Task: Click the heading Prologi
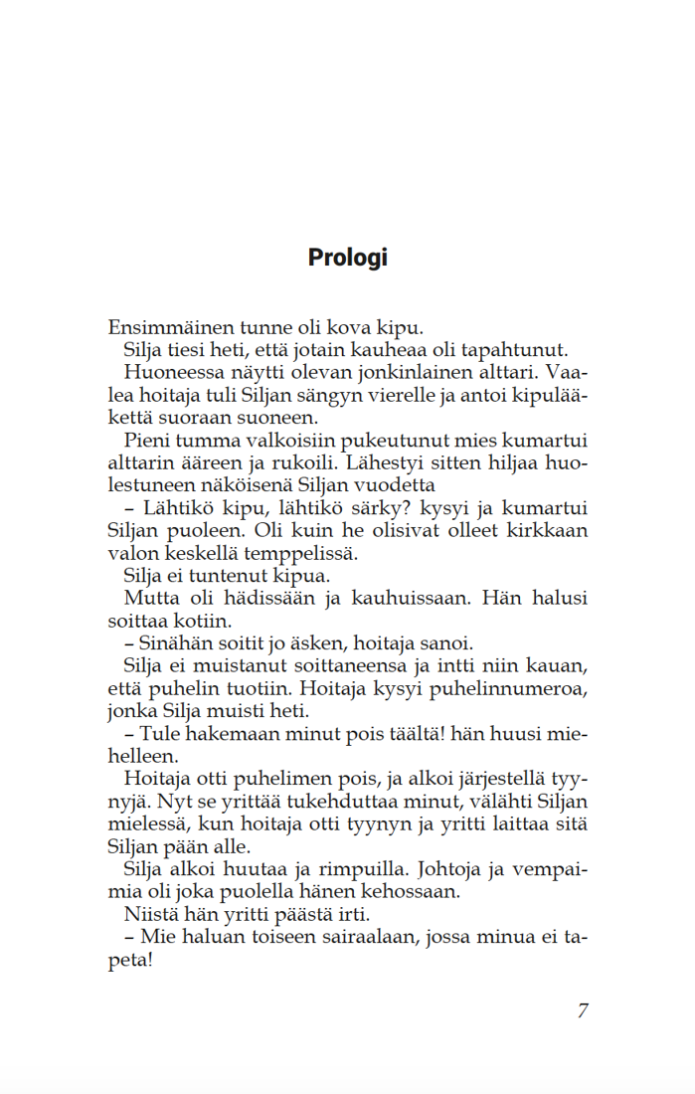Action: pyautogui.click(x=347, y=258)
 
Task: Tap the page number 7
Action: pyautogui.click(x=583, y=1010)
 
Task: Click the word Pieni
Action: pyautogui.click(x=146, y=441)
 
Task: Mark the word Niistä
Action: pyautogui.click(x=148, y=915)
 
